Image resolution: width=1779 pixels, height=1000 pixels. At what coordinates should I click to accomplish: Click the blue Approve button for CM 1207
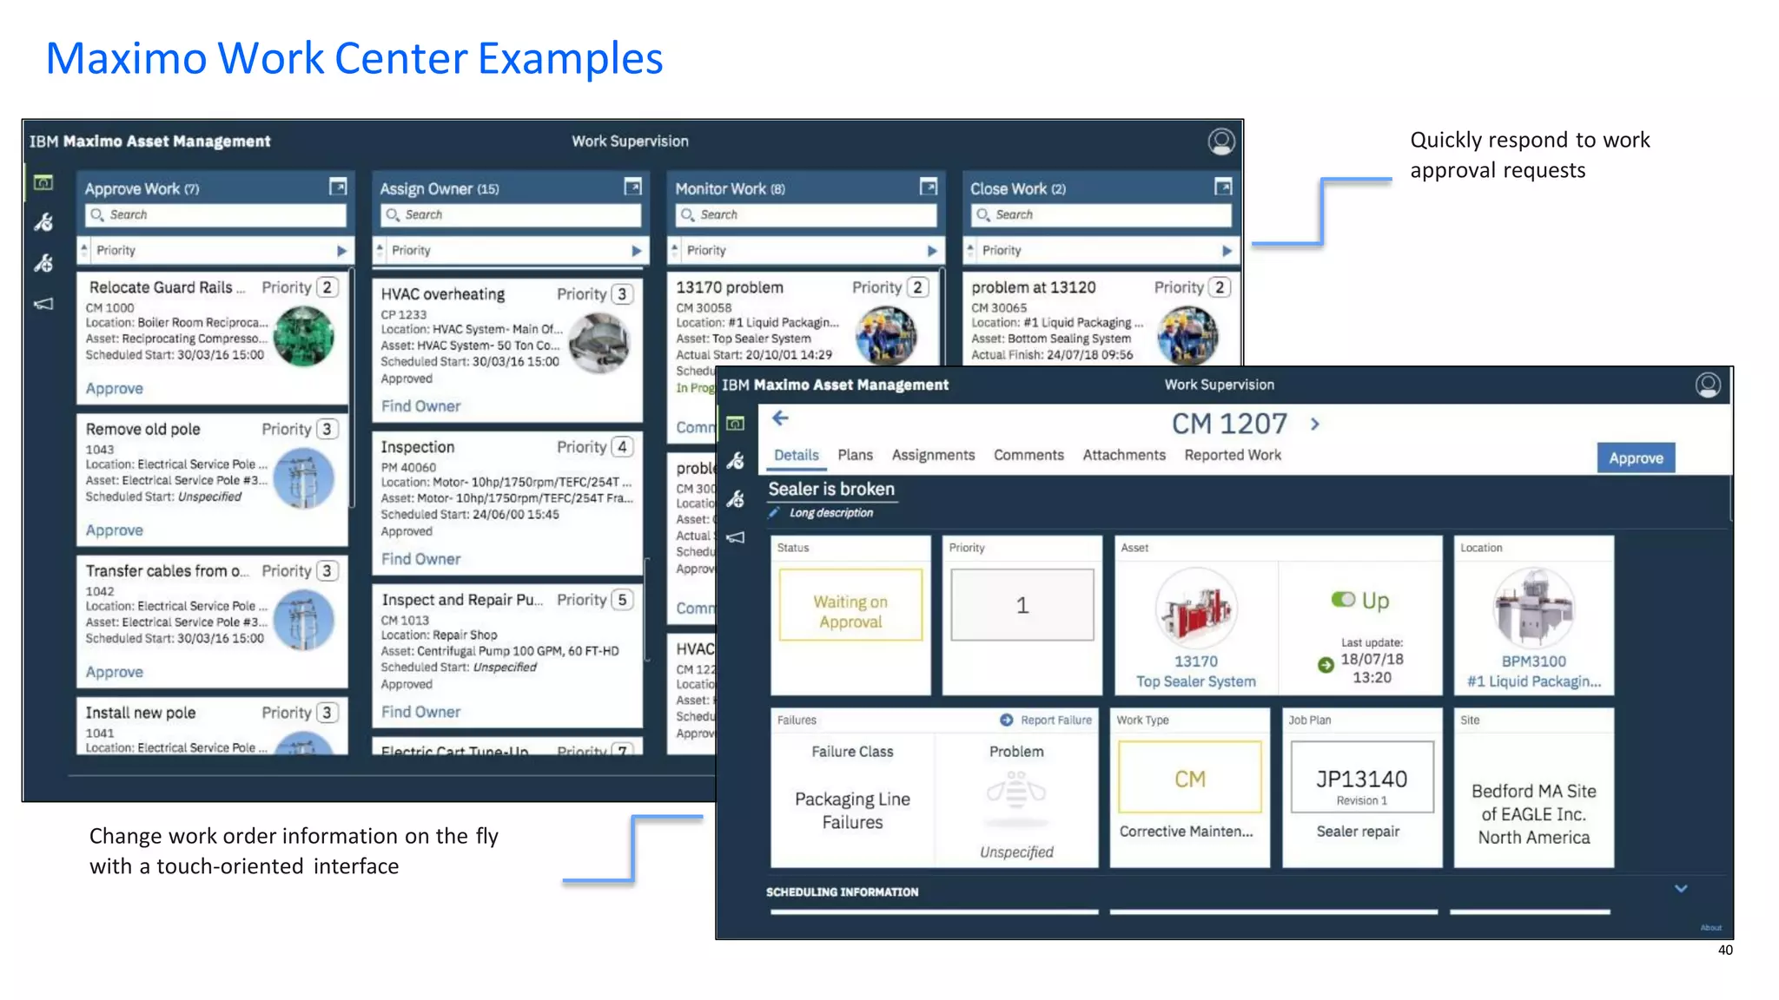[x=1635, y=458]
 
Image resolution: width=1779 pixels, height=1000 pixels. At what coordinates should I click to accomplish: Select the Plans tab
[x=855, y=455]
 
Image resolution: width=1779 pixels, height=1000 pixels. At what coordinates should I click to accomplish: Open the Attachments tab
[x=1123, y=455]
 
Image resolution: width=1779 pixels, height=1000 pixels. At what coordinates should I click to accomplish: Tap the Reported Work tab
[x=1232, y=455]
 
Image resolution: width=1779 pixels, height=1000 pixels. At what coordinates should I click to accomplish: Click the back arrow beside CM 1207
[x=780, y=419]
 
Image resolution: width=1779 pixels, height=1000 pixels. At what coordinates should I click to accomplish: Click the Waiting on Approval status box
[x=850, y=605]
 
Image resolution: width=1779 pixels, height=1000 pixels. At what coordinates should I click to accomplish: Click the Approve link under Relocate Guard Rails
[x=114, y=389]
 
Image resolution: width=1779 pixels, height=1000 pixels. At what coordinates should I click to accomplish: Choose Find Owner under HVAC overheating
[x=420, y=406]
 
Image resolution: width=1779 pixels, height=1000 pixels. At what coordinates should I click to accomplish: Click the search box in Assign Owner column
[x=511, y=214]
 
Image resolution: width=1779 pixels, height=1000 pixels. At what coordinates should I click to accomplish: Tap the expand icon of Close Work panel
[x=1223, y=187]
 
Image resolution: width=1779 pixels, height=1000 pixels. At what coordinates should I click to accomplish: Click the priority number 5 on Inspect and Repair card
[x=622, y=600]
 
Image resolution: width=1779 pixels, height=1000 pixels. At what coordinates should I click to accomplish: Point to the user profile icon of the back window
[x=1220, y=141]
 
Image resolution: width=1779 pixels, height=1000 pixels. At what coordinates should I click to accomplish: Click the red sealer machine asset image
[x=1195, y=609]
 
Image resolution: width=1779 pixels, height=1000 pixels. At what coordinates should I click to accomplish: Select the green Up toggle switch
[x=1343, y=600]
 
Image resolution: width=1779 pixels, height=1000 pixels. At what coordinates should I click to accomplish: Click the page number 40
[x=1725, y=951]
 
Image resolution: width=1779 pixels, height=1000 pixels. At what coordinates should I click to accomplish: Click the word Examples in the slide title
[x=570, y=59]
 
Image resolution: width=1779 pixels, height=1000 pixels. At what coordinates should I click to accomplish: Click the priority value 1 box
[x=1022, y=605]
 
